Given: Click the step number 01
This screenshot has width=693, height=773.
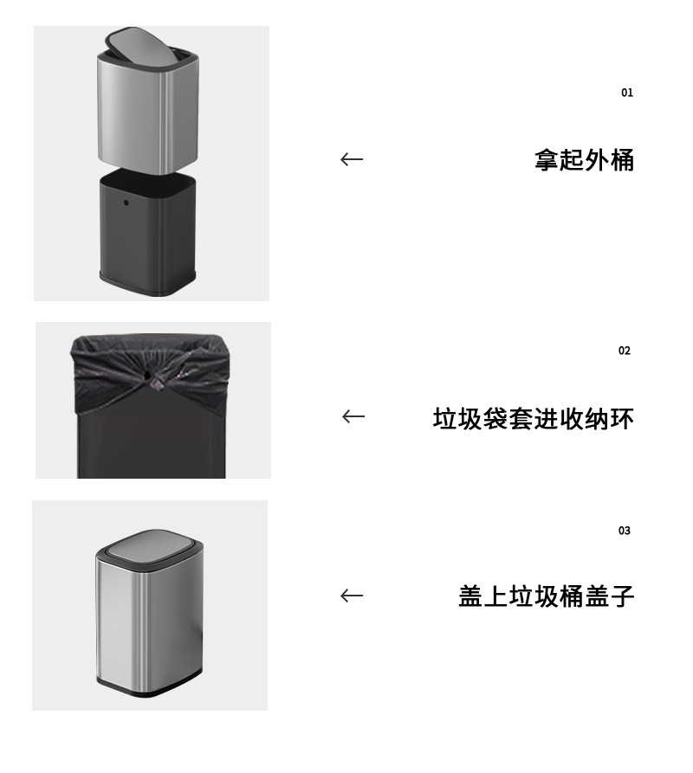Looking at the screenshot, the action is pos(627,93).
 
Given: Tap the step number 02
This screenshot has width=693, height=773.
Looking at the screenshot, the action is pos(625,351).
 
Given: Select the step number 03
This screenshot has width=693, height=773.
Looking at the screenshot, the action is pos(625,531).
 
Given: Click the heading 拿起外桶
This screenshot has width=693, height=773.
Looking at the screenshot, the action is pos(584,160).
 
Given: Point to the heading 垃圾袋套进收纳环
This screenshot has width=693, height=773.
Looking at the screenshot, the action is pos(534,419).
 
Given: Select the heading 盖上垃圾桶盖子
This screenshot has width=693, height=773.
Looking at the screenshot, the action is pos(546,596).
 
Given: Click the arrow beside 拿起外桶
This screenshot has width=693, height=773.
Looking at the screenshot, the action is pos(352,159).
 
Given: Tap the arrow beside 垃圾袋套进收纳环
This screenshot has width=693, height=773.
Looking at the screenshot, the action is pos(353,416).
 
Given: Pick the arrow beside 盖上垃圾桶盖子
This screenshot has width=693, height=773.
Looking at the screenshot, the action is pos(352,596).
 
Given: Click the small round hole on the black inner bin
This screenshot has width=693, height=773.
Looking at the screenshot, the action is pos(126,203).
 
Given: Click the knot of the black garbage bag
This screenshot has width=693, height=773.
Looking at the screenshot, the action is pos(157,383).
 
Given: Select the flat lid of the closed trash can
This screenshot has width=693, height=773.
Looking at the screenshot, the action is pos(150,545).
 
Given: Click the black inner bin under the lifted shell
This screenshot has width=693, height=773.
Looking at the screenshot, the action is pos(147,232).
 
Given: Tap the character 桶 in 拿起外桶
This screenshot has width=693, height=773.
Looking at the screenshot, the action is pos(622,160).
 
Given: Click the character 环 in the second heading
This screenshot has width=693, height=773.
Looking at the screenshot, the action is pos(622,419).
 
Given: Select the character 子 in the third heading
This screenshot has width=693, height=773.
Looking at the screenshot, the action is pos(622,596).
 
